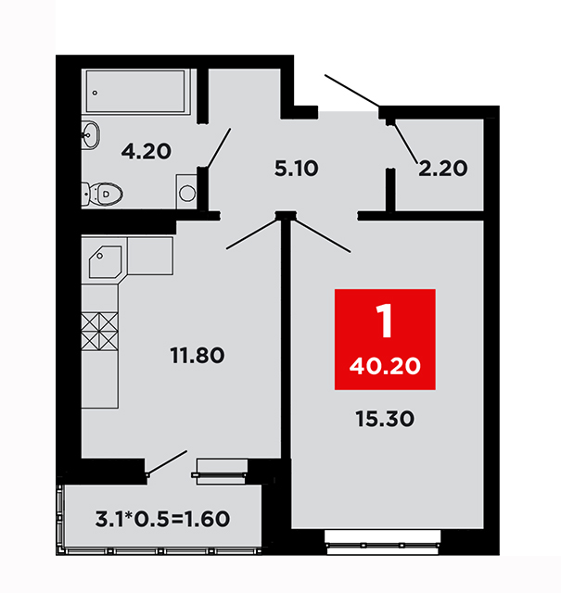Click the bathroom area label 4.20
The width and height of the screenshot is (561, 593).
pyautogui.click(x=147, y=152)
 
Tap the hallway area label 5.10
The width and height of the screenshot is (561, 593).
pyautogui.click(x=297, y=169)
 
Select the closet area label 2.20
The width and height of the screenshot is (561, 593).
pyautogui.click(x=443, y=169)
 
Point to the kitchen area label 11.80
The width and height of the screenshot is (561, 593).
pyautogui.click(x=198, y=356)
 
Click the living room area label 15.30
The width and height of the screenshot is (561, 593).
pyautogui.click(x=385, y=419)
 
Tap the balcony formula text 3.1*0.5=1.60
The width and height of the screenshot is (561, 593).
pyautogui.click(x=163, y=519)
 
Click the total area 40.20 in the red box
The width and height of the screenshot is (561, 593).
pyautogui.click(x=385, y=366)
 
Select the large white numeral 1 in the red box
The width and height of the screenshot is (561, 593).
pyautogui.click(x=385, y=322)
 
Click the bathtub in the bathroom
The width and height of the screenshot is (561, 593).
pyautogui.click(x=135, y=92)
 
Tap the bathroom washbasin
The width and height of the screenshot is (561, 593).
pyautogui.click(x=91, y=135)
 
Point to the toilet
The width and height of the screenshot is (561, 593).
pyautogui.click(x=102, y=194)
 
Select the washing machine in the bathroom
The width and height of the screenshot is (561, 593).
pyautogui.click(x=186, y=192)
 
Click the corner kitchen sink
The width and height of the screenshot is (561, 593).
pyautogui.click(x=105, y=262)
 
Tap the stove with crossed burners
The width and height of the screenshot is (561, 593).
pyautogui.click(x=99, y=332)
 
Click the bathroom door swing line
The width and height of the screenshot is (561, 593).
pyautogui.click(x=219, y=148)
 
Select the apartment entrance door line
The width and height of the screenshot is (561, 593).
pyautogui.click(x=352, y=91)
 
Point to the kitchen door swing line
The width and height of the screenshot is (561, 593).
pyautogui.click(x=252, y=234)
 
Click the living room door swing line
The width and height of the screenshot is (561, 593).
pyautogui.click(x=322, y=236)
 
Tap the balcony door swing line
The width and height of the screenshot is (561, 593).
pyautogui.click(x=167, y=462)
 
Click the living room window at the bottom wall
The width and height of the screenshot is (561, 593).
pyautogui.click(x=382, y=542)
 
